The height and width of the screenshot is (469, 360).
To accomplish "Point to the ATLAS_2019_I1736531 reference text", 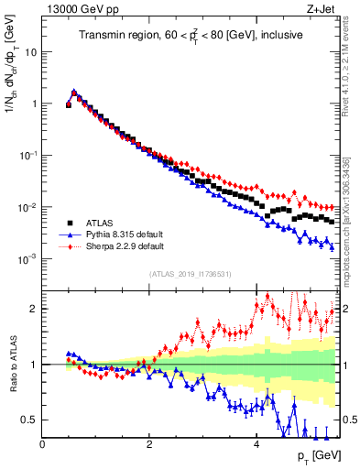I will click(191, 274).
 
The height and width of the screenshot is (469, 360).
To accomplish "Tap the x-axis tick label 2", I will click(148, 444).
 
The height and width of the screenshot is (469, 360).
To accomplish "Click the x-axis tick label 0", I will click(42, 444).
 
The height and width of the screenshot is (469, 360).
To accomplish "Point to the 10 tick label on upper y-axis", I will click(29, 52).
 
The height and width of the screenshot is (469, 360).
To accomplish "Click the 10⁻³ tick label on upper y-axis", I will click(27, 259).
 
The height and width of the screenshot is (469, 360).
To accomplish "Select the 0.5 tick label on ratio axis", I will click(27, 420).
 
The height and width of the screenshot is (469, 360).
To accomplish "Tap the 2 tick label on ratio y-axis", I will click(33, 309).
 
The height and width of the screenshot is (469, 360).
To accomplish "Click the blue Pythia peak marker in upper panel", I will click(74, 92).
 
